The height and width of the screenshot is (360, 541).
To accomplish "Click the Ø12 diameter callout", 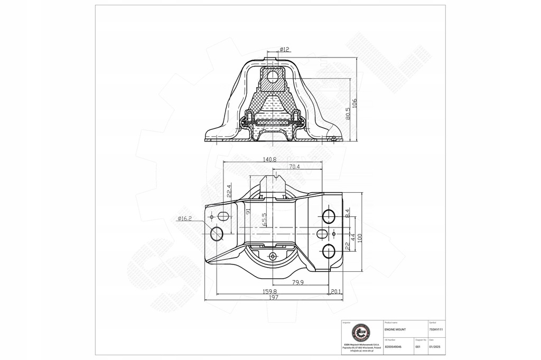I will pyautogui.click(x=284, y=50).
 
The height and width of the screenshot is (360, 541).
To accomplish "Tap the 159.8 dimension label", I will pyautogui.click(x=269, y=291).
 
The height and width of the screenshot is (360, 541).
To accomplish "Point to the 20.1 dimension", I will pyautogui.click(x=335, y=291).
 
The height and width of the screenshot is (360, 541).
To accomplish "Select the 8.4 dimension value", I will pyautogui.click(x=347, y=213).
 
